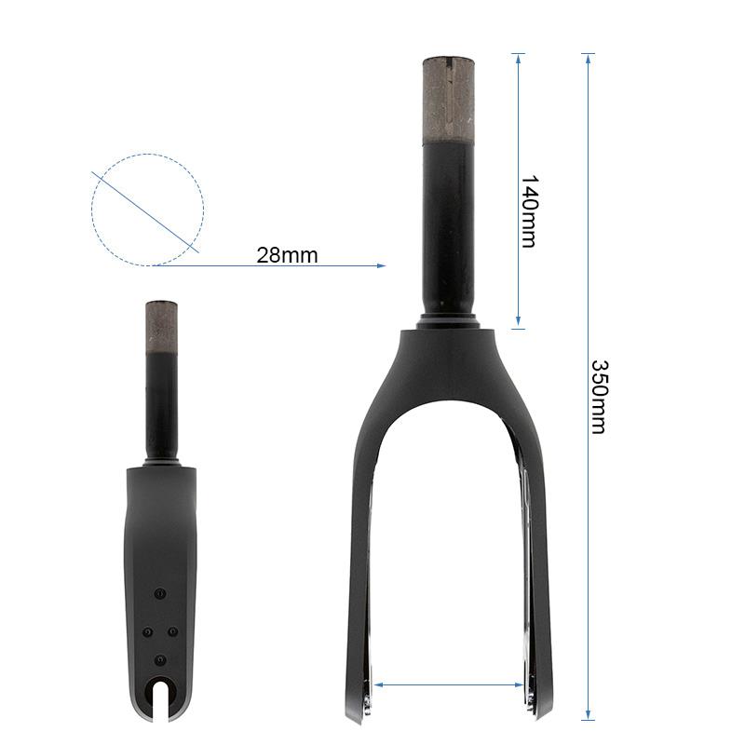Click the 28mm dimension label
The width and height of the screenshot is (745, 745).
coord(287,255)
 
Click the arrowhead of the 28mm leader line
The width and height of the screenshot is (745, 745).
coord(380,265)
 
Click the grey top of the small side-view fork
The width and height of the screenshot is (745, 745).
coord(161,325)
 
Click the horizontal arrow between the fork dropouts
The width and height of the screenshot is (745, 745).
coord(449,684)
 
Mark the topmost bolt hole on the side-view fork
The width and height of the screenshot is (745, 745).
coord(160,593)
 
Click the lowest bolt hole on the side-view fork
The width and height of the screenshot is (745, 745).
coord(160,659)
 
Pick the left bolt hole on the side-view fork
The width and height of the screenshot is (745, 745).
coord(147,631)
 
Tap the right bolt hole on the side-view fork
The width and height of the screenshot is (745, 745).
coord(173,631)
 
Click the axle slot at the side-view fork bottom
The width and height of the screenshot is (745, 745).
coord(161,703)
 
